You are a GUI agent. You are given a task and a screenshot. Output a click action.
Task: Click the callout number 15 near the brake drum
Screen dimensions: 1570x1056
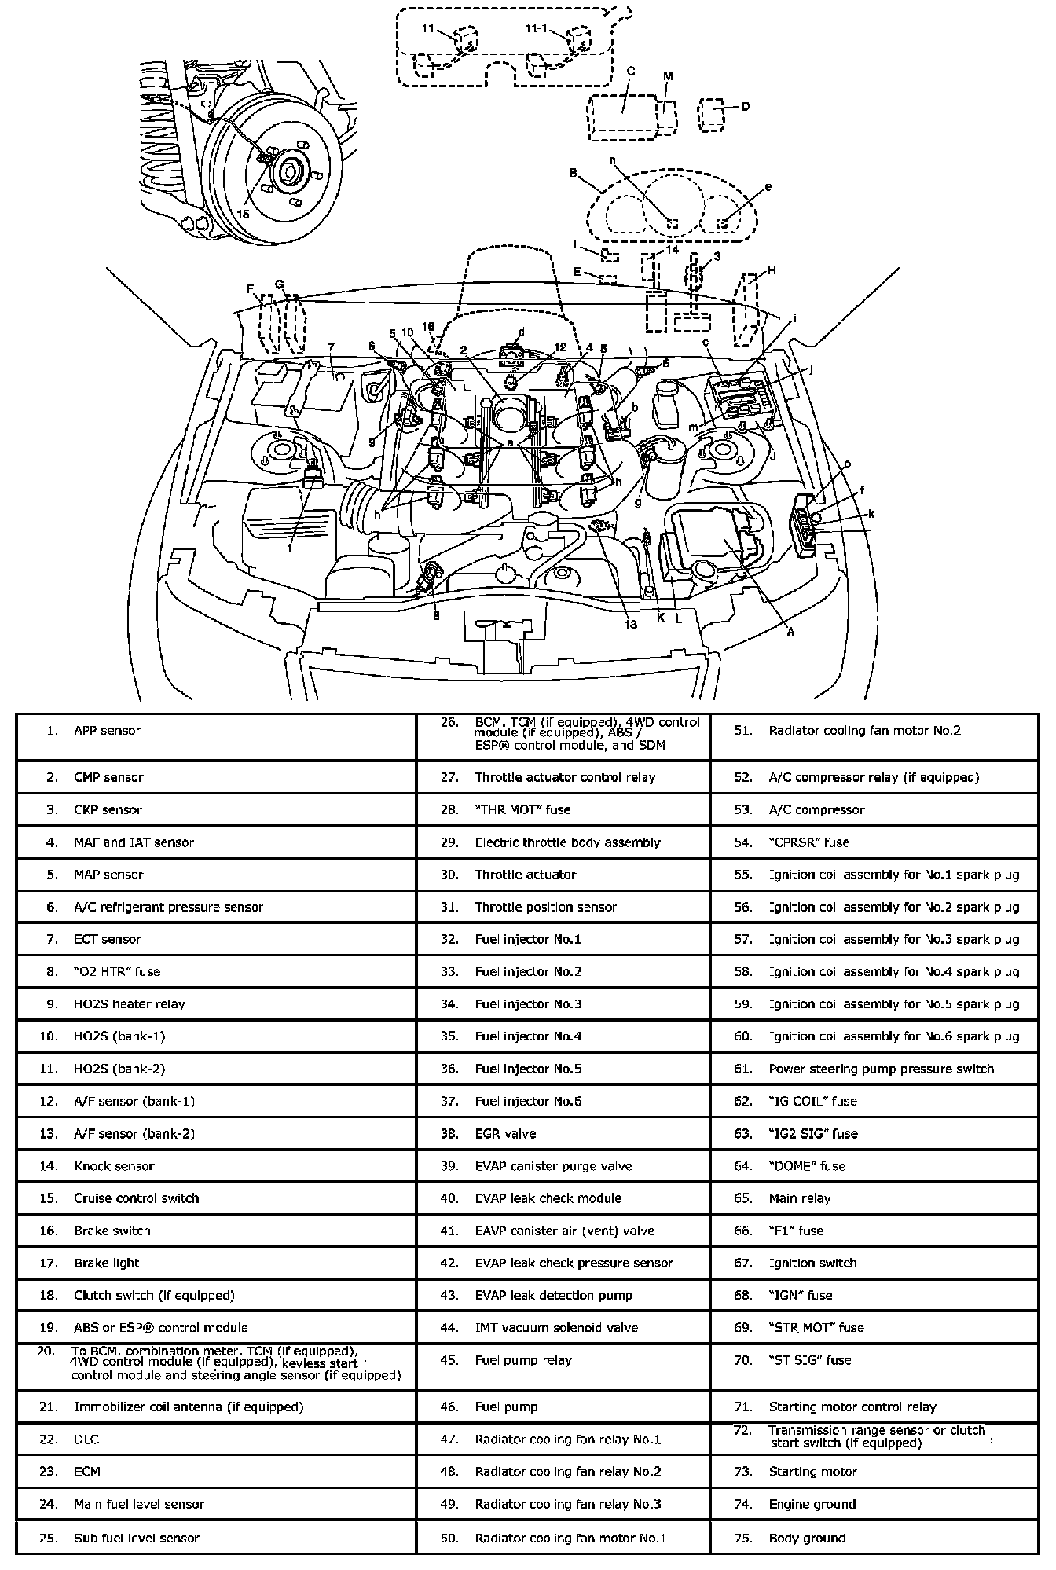(243, 214)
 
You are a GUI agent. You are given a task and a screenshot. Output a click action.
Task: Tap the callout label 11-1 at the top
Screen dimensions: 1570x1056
(537, 28)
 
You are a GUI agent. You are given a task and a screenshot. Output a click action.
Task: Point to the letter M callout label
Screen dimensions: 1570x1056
(668, 76)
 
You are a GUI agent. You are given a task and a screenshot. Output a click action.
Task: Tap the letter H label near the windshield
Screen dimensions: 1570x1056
(772, 270)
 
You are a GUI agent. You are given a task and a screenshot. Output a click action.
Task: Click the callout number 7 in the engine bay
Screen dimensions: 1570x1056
(332, 346)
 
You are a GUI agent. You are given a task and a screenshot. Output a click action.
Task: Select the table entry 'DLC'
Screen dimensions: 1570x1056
(86, 1439)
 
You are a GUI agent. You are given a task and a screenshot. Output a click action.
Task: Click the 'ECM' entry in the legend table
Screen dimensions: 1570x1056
(87, 1471)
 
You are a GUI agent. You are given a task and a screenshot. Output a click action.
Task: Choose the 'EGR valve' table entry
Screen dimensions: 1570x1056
(505, 1133)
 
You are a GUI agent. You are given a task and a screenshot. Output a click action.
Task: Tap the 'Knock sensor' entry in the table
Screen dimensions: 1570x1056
(114, 1165)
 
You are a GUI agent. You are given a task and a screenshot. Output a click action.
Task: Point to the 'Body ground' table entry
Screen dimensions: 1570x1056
(806, 1537)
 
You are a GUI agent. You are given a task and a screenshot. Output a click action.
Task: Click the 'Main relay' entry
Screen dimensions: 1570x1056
(799, 1198)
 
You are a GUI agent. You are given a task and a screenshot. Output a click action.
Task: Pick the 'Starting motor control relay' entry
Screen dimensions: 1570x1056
(852, 1407)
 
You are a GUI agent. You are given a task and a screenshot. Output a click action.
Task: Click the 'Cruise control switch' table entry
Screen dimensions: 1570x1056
(136, 1198)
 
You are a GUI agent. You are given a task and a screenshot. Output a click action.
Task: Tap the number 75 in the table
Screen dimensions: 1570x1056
(743, 1537)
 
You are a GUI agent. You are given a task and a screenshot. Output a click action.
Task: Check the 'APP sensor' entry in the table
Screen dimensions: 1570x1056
(107, 730)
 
